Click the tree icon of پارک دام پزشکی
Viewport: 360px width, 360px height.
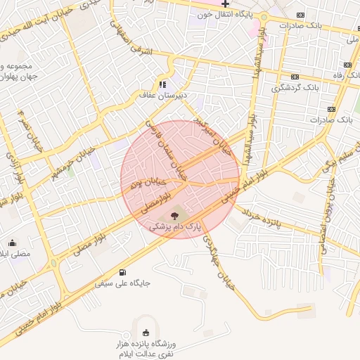174,216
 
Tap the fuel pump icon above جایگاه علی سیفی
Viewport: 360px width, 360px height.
124,272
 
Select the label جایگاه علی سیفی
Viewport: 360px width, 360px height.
127,283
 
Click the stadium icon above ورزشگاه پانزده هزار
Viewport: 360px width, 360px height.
146,333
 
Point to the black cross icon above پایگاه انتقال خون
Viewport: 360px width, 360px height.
226,4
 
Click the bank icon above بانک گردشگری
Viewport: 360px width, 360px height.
295,77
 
